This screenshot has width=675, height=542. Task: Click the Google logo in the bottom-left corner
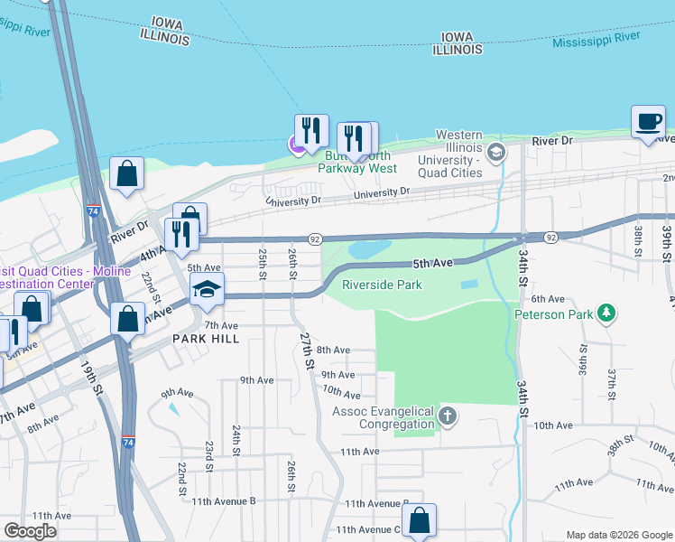[30, 531]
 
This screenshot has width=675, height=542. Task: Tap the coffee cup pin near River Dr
[648, 124]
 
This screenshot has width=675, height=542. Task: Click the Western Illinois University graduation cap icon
[495, 152]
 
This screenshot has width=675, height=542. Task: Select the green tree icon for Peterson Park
[607, 313]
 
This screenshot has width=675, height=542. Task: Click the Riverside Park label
[382, 285]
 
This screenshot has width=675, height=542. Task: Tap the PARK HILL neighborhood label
[207, 338]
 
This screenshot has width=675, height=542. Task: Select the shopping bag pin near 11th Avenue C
[419, 521]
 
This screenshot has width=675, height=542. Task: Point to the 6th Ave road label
[547, 299]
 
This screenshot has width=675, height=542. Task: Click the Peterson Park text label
[554, 314]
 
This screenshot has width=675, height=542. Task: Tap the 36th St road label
[584, 365]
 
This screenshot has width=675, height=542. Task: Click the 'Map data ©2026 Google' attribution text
[618, 535]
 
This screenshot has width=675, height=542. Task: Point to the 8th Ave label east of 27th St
[333, 350]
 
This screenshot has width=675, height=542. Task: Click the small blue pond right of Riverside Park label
[469, 285]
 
